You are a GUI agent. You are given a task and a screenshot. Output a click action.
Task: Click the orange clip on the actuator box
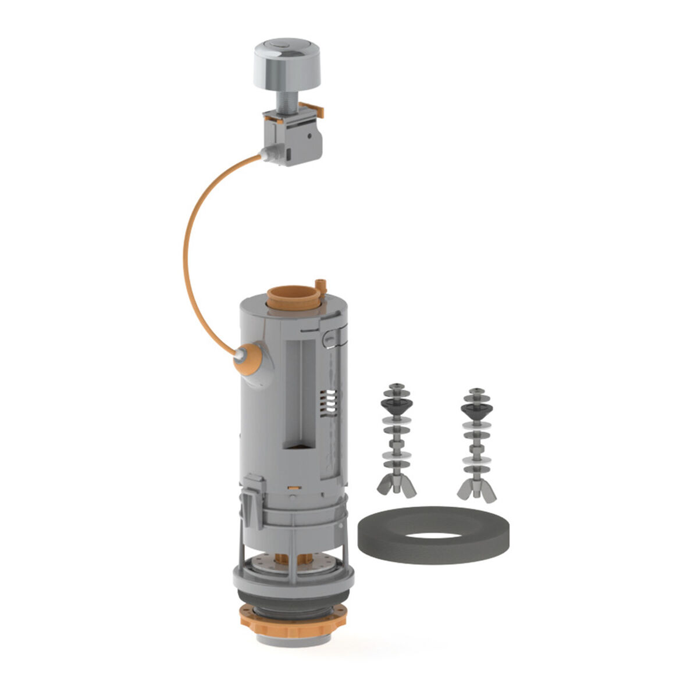coord(315,108)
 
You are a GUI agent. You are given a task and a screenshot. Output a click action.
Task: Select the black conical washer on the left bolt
coord(396,405)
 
